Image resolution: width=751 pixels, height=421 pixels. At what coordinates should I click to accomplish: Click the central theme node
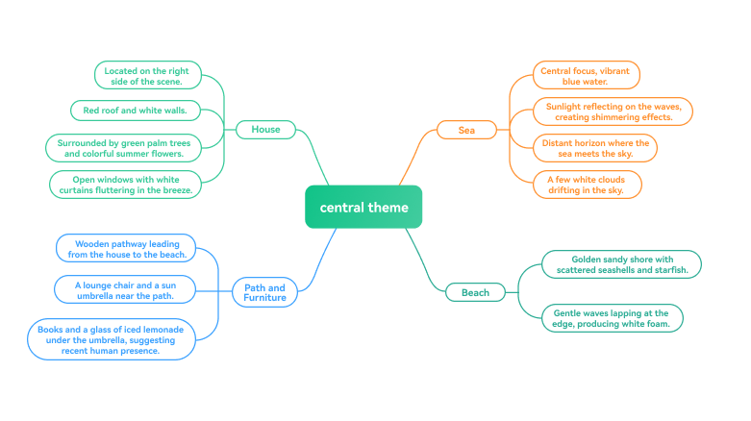[x=363, y=207]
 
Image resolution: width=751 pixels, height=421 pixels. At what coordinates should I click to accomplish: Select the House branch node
[x=265, y=129]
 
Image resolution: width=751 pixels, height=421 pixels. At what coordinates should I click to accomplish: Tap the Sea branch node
[x=466, y=129]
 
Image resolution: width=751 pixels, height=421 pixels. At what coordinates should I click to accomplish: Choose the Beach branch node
[x=475, y=292]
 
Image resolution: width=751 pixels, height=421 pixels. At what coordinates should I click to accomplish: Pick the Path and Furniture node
[x=264, y=292]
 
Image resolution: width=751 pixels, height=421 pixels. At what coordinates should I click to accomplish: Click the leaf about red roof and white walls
[x=136, y=111]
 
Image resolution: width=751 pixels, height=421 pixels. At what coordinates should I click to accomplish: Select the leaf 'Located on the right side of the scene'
[x=148, y=75]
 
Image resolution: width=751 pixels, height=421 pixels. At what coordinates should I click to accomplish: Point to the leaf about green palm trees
[x=125, y=147]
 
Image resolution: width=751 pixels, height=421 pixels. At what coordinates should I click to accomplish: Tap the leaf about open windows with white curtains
[x=126, y=184]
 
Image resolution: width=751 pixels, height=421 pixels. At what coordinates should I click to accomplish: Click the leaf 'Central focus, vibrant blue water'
[x=587, y=75]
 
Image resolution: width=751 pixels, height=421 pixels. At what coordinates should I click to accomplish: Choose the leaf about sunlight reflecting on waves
[x=613, y=111]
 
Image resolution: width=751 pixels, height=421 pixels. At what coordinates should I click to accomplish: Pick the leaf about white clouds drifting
[x=588, y=184]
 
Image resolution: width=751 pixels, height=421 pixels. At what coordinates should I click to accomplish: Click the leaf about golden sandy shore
[x=621, y=264]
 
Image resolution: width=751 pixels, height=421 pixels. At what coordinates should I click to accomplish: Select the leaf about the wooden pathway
[x=125, y=249]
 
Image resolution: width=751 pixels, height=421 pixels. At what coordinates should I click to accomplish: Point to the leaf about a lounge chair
[x=125, y=289]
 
